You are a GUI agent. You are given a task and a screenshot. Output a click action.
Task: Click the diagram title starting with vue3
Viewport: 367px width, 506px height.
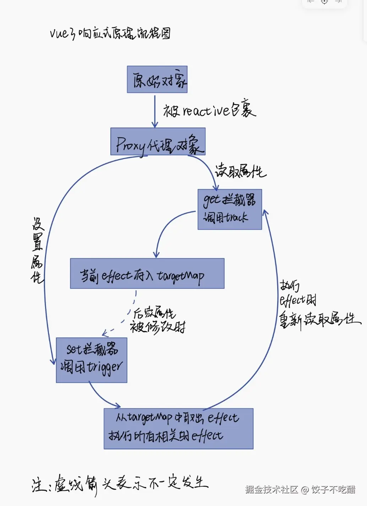click(x=110, y=33)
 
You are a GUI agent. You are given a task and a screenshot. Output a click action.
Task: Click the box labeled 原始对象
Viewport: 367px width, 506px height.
click(x=157, y=80)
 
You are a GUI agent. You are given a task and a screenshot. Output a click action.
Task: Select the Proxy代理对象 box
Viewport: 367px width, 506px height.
click(x=158, y=142)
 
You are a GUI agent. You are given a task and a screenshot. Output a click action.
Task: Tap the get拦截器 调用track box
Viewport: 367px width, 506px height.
click(x=230, y=209)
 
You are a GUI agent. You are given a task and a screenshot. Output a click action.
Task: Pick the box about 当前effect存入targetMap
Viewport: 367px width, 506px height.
click(x=147, y=273)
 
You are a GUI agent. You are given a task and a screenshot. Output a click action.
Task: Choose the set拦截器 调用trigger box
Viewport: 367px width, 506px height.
click(x=92, y=360)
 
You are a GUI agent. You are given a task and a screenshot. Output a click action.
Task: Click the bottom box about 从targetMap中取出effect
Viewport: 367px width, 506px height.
click(x=179, y=429)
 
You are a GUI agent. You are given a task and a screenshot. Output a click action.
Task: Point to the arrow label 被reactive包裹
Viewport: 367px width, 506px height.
click(x=209, y=110)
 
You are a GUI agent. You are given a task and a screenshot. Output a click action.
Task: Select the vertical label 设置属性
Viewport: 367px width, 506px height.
click(x=37, y=250)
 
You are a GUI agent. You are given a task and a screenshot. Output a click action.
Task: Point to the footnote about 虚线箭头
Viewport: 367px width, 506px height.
click(x=120, y=484)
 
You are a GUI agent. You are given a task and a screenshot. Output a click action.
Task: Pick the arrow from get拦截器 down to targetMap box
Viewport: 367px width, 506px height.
click(x=165, y=227)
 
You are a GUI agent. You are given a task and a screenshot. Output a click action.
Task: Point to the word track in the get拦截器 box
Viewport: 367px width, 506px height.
click(x=236, y=217)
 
